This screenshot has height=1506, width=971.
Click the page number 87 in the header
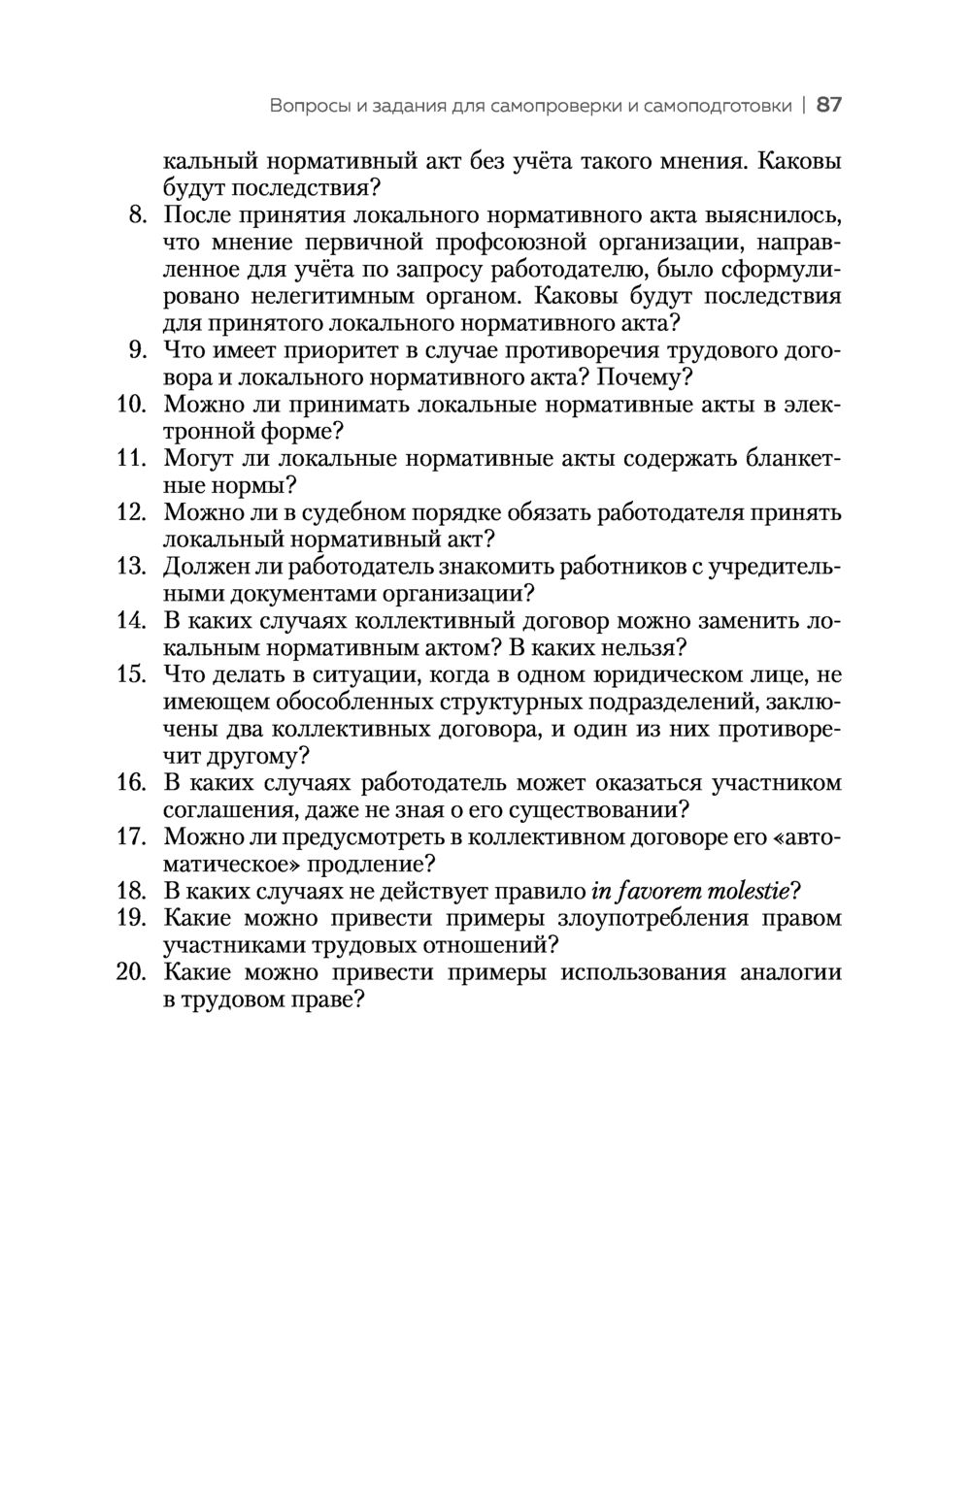pos(828,105)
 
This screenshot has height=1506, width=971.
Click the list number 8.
pos(137,214)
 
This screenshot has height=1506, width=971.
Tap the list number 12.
pos(130,512)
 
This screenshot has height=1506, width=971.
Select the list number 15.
pos(130,674)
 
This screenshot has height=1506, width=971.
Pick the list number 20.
pos(130,972)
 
